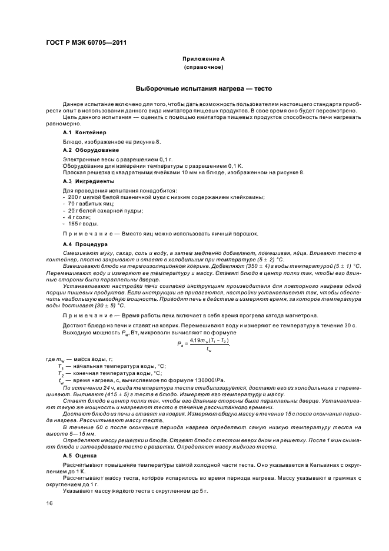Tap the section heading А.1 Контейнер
[82, 133]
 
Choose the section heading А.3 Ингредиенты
[86, 181]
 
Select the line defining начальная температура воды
[109, 366]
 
